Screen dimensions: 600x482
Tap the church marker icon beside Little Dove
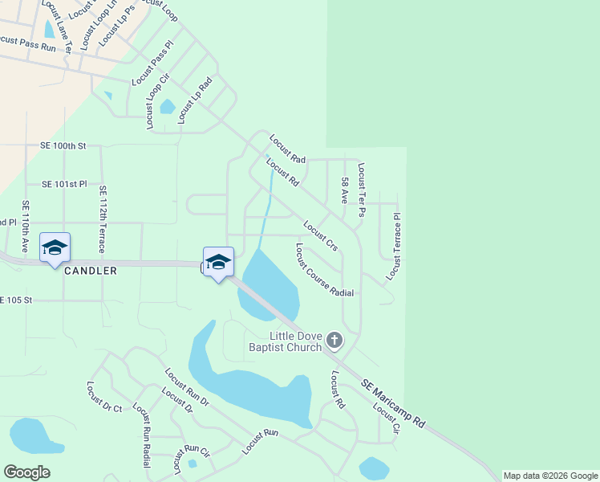coord(334,341)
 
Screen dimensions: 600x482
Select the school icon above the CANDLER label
coord(55,247)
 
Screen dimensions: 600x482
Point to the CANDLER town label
coord(91,272)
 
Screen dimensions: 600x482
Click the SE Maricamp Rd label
coord(392,404)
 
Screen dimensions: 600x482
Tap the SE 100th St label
coord(63,146)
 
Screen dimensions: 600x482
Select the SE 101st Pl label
coord(63,184)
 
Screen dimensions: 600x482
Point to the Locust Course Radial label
coord(324,270)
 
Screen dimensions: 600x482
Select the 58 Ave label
coord(344,190)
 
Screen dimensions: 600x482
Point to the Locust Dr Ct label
coord(103,397)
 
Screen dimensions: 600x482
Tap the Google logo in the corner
coord(26,472)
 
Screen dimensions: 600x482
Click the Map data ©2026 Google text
coord(550,476)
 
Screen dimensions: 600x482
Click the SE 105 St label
coord(18,300)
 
